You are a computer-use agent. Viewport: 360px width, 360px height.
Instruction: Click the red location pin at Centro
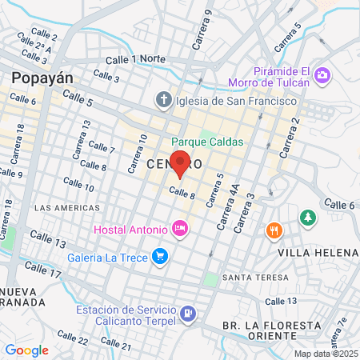181,163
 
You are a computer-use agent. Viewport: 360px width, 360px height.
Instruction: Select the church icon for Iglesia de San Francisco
164,101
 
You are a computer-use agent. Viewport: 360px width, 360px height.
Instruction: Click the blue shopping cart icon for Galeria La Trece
160,256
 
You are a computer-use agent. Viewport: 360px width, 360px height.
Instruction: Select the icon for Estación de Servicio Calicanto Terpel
188,312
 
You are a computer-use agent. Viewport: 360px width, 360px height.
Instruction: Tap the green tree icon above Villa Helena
307,217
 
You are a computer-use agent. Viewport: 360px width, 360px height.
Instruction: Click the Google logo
26,350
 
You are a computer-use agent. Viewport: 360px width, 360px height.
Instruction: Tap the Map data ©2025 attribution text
325,354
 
